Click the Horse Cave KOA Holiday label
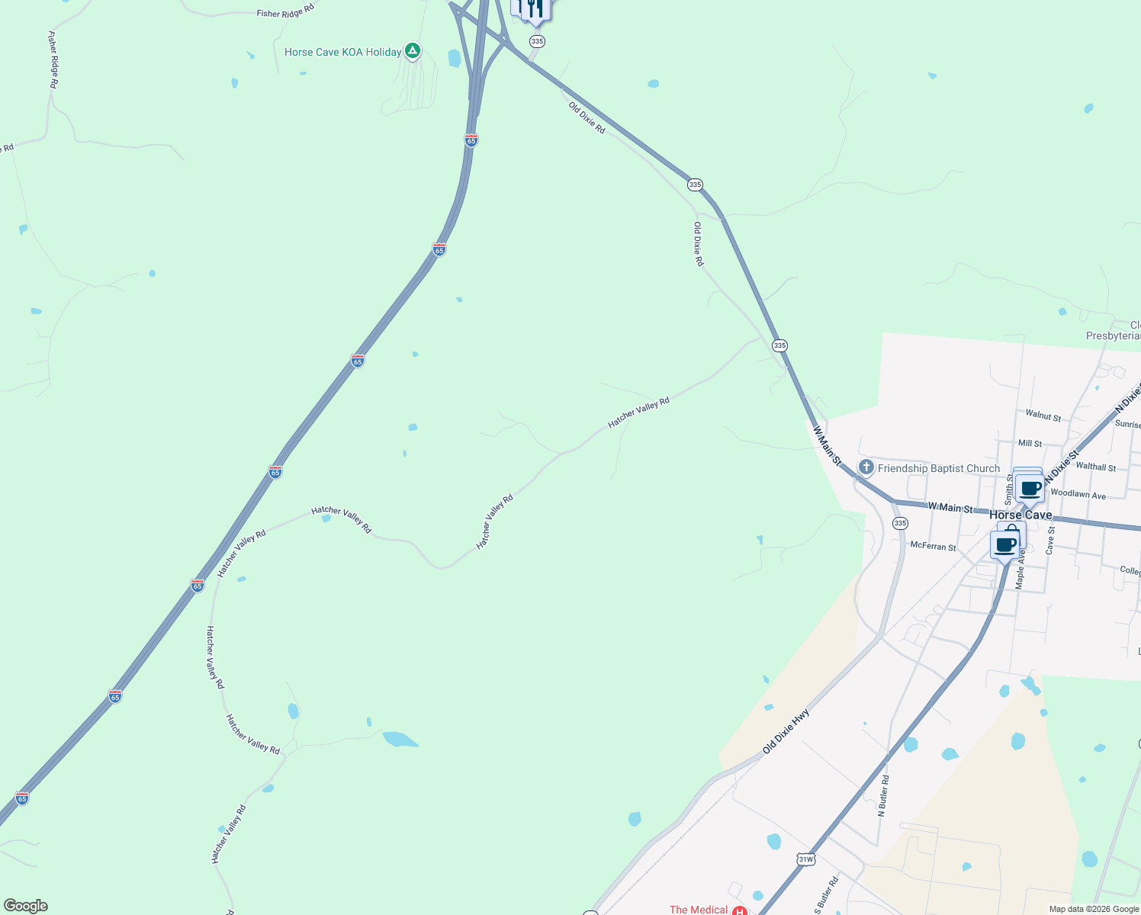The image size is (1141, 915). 342,52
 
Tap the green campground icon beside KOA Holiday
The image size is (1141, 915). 412,51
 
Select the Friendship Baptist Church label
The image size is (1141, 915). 938,468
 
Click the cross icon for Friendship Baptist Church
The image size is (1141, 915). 866,467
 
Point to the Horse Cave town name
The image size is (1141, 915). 1020,515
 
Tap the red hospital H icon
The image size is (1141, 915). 738,910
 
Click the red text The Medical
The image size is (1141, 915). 698,910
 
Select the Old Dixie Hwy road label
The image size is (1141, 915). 786,731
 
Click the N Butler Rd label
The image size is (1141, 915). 883,796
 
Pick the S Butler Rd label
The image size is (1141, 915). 827,896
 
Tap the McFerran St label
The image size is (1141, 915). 933,547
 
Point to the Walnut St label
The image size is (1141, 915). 1043,416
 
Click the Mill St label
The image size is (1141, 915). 1030,443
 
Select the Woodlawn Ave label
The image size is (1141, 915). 1078,494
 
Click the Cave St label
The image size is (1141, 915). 1050,540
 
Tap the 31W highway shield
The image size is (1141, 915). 805,859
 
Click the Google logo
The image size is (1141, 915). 26,906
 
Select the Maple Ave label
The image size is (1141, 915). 1020,568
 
